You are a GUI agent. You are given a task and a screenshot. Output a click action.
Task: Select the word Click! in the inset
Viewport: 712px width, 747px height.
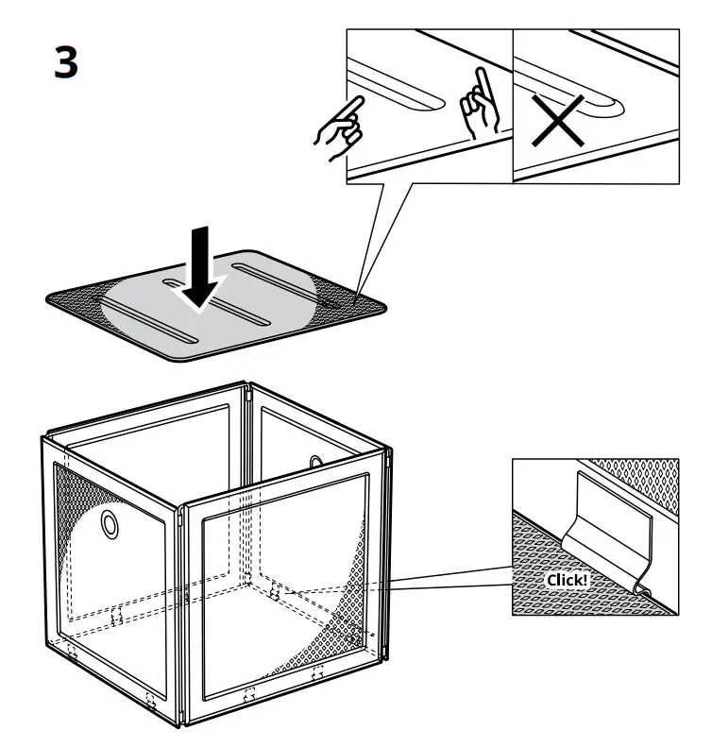click(x=566, y=579)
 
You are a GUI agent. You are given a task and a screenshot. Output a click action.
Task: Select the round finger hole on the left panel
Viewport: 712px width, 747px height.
click(x=110, y=522)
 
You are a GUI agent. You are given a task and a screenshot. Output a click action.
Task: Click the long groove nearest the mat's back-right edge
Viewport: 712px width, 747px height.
click(x=283, y=286)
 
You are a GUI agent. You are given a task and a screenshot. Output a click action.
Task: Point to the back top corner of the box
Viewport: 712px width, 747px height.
click(x=247, y=386)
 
